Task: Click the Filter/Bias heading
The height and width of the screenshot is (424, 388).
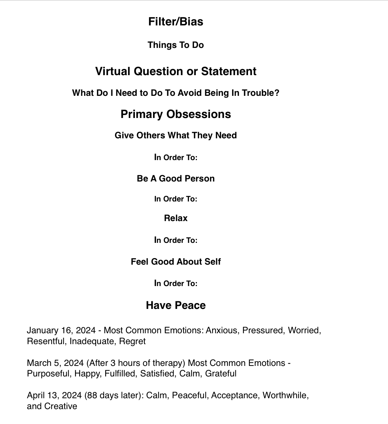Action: point(176,22)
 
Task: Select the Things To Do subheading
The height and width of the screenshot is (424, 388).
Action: point(176,45)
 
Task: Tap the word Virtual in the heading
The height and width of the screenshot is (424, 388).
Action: point(113,71)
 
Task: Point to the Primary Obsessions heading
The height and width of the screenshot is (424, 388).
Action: point(176,114)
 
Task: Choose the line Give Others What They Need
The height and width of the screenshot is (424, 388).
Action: point(176,135)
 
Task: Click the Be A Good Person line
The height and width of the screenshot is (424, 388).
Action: point(176,179)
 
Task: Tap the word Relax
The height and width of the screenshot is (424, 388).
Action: point(176,218)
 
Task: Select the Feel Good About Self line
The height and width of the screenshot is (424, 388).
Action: point(176,262)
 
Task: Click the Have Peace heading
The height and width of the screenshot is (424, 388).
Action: point(176,305)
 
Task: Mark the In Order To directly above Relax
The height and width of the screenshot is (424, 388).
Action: point(176,199)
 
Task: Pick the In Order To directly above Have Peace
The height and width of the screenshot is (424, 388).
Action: point(176,284)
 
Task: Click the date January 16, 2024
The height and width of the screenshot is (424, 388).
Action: point(61,330)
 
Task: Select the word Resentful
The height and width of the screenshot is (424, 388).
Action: point(46,341)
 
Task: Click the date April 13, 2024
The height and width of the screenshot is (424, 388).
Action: point(54,395)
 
